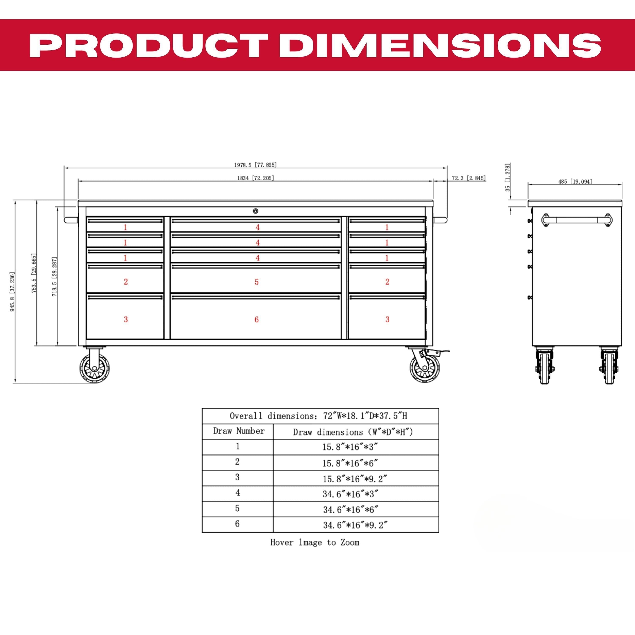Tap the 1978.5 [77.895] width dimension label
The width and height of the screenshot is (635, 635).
click(255, 165)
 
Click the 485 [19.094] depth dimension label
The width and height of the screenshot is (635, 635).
click(575, 181)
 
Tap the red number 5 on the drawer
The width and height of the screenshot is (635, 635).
click(257, 282)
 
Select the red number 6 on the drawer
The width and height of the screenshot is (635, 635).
click(257, 319)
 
